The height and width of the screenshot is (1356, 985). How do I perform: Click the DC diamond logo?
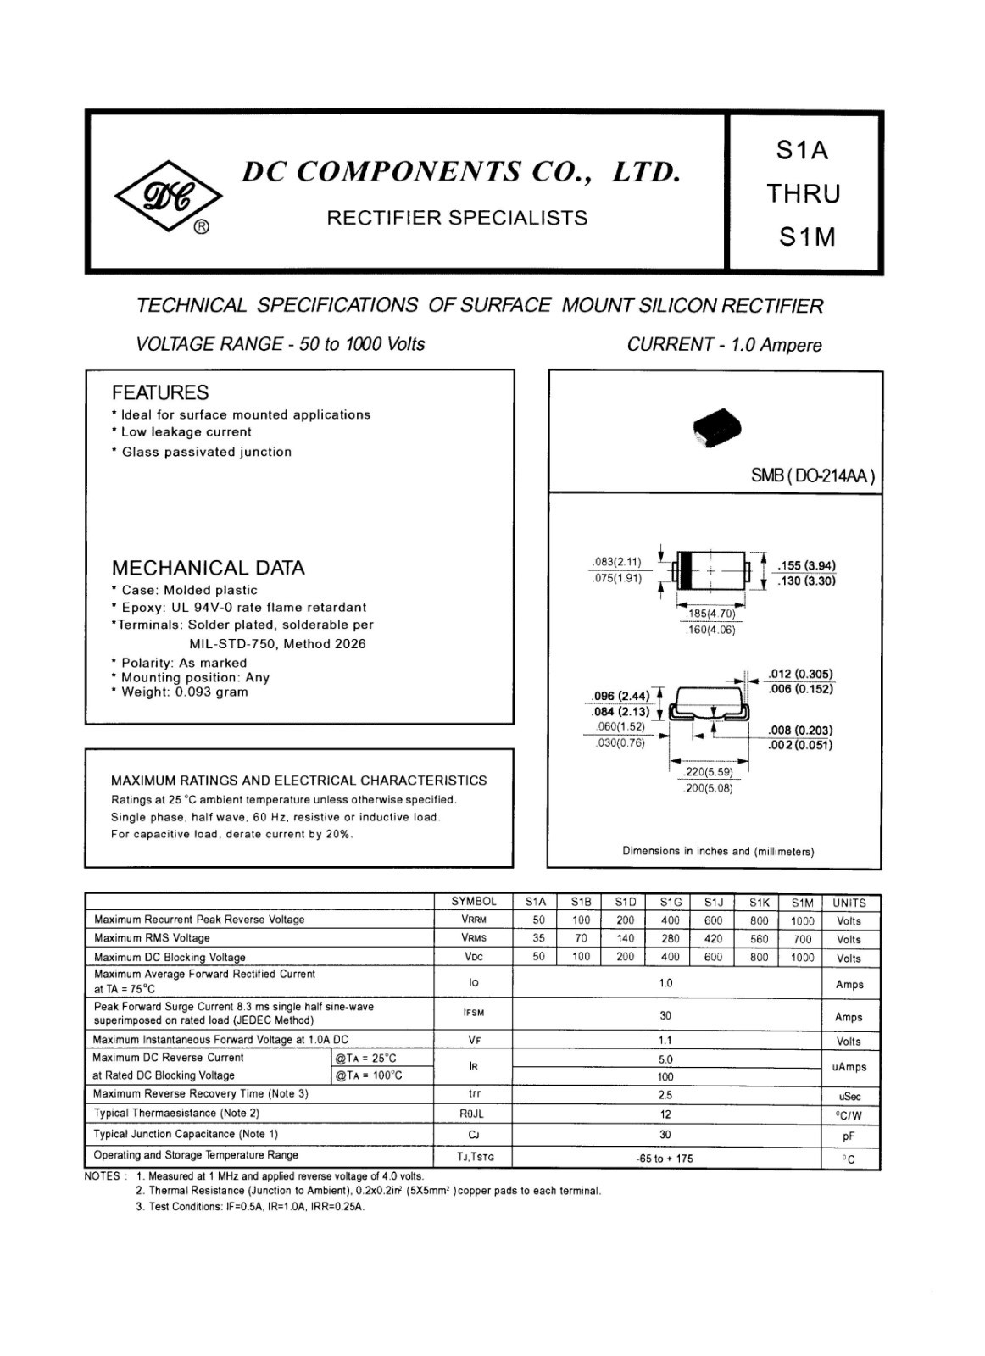(x=169, y=197)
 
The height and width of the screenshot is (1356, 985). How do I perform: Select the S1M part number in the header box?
(x=807, y=237)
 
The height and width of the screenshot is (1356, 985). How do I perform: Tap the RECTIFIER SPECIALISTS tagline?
(x=457, y=218)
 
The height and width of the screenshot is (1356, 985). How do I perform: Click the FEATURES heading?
(x=160, y=392)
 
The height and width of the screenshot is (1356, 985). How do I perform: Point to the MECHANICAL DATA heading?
(x=208, y=568)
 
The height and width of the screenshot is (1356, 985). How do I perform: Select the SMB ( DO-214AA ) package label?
(x=812, y=475)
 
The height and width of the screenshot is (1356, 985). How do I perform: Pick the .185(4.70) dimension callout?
(x=710, y=614)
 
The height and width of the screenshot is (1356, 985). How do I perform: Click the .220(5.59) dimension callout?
(x=709, y=772)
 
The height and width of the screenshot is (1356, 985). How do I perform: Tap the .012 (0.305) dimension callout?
(x=800, y=675)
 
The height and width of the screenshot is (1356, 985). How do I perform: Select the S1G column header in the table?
(x=671, y=903)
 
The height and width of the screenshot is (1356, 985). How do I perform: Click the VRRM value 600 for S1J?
(x=714, y=920)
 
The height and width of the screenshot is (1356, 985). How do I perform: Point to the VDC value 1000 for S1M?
(x=802, y=958)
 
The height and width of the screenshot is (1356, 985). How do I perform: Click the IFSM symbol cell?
(x=474, y=1013)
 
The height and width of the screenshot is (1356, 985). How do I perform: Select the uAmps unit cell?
(x=849, y=1068)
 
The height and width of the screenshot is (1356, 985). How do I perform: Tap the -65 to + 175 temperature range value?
(x=665, y=1159)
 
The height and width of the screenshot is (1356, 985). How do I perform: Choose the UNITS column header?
(x=849, y=903)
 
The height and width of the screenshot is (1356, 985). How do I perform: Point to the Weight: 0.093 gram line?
(x=181, y=692)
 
